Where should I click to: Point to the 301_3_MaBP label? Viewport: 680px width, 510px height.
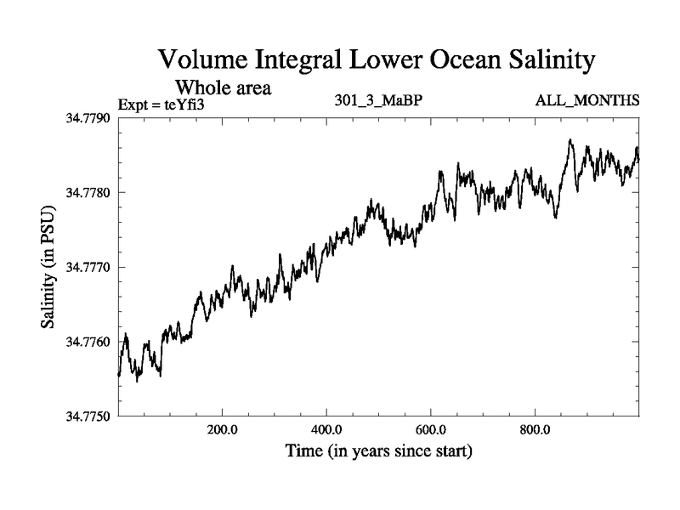tap(378, 101)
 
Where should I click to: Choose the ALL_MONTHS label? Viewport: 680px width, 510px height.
tap(586, 101)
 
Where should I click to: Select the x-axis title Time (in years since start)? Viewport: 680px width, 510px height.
tap(378, 450)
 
